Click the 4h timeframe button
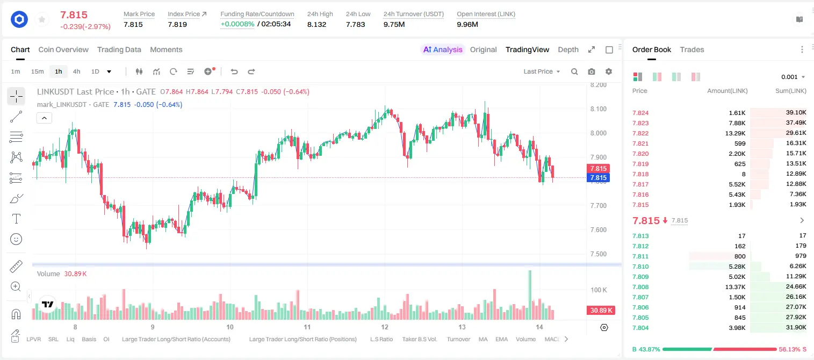pos(76,71)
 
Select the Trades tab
pos(692,49)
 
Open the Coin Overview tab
pos(63,49)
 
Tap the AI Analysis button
pos(443,49)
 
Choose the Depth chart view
pos(568,49)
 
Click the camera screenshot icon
pos(592,71)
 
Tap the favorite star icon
pos(42,19)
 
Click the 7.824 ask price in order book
pos(640,113)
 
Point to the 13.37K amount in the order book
pos(735,287)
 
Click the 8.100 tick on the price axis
pos(599,109)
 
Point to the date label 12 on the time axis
pos(385,327)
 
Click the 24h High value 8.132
pos(317,24)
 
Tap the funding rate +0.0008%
pos(237,24)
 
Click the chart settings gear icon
pos(609,71)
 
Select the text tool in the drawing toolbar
pos(16,219)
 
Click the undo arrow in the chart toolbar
pos(234,71)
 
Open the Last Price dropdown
pos(542,71)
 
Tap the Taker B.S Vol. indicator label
pos(419,339)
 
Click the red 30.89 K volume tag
pos(601,310)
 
